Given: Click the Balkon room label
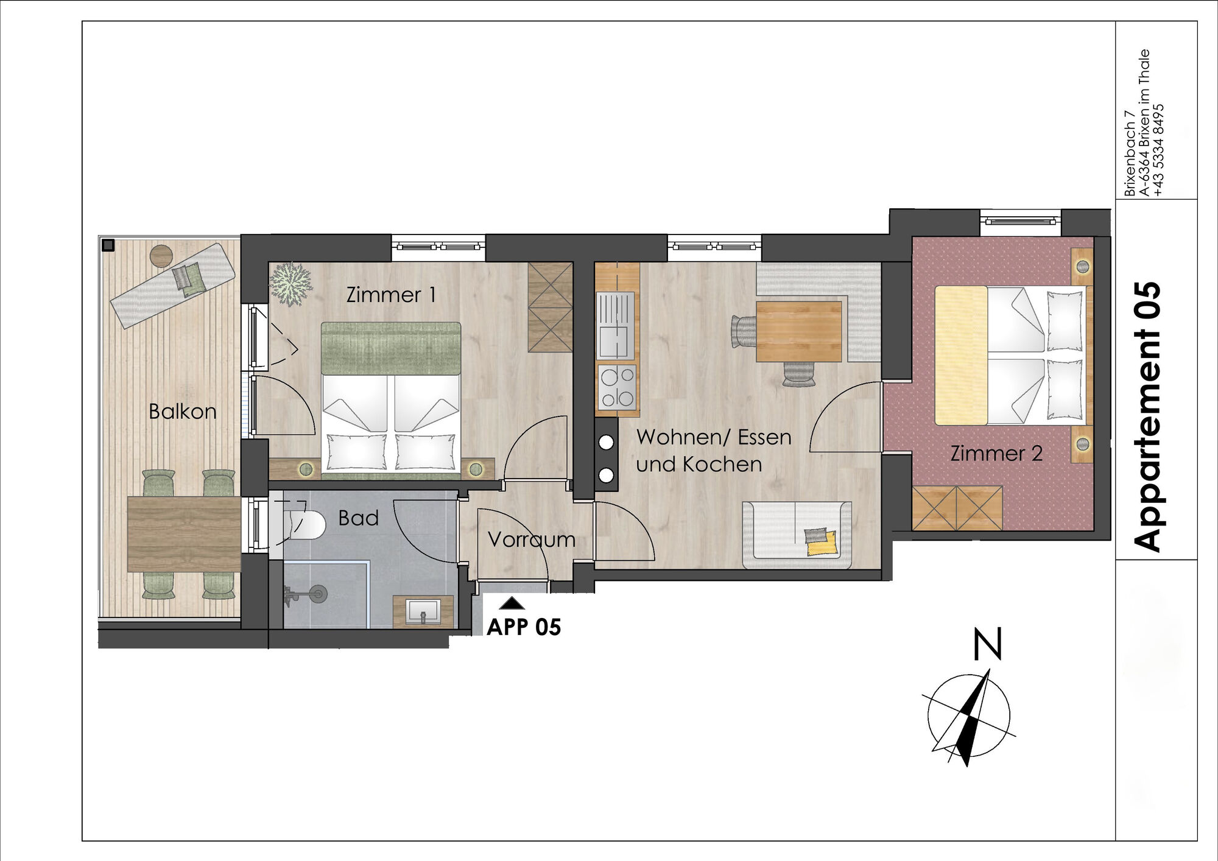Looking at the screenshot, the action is [x=183, y=412].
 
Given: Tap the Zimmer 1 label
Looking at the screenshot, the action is [x=391, y=295].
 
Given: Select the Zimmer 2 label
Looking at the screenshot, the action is [x=996, y=453].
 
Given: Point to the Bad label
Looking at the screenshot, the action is [x=359, y=518].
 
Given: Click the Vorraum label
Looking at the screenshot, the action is [x=532, y=539].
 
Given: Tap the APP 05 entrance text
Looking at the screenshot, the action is [x=524, y=627].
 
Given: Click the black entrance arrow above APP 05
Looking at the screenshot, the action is [x=512, y=603].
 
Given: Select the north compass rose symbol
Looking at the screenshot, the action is [x=968, y=717].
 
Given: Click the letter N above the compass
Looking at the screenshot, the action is [x=987, y=645].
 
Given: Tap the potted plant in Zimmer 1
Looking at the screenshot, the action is [x=290, y=283].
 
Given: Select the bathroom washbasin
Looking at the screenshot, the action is [x=424, y=611].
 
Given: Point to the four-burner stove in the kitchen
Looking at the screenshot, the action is [x=617, y=388].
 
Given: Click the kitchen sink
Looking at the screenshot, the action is [x=616, y=325].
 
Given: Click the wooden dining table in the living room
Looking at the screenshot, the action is [x=798, y=331].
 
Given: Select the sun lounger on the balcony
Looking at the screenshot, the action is [x=172, y=285].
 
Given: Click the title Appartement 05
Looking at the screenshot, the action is [x=1148, y=416].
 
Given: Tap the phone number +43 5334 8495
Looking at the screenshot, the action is [x=1158, y=150].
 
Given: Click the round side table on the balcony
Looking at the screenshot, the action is [x=162, y=255].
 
